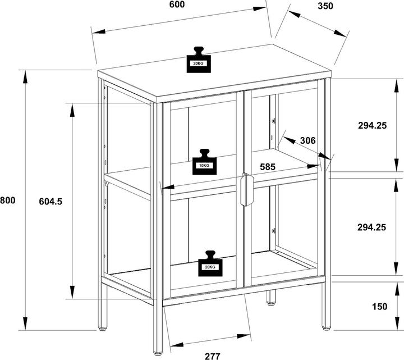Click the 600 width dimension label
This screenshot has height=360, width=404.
tap(177, 4)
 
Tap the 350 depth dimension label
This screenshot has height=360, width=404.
tap(325, 6)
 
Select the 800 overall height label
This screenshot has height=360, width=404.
tap(7, 200)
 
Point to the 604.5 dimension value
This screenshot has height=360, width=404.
tap(50, 201)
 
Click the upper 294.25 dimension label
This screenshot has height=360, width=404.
tap(373, 125)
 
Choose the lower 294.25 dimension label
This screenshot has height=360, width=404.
tap(372, 227)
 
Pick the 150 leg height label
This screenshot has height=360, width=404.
tap(379, 306)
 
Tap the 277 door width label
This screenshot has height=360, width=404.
tap(213, 356)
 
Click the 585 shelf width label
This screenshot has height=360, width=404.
tap(268, 167)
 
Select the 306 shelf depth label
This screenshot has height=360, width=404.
tap(308, 140)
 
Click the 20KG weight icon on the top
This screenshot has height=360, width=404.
tap(199, 60)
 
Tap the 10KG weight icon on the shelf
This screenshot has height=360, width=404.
tap(205, 162)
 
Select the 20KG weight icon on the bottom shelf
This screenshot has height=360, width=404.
tap(210, 263)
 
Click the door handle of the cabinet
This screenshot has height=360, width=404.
tap(247, 189)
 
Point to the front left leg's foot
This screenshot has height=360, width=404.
tap(158, 351)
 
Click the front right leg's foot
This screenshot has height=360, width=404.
tap(326, 328)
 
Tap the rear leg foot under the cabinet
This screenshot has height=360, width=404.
tap(270, 303)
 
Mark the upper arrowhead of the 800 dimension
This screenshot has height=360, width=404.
tap(25, 77)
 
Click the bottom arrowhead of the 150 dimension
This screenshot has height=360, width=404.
tap(397, 323)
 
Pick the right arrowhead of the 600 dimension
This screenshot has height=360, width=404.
tap(259, 9)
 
